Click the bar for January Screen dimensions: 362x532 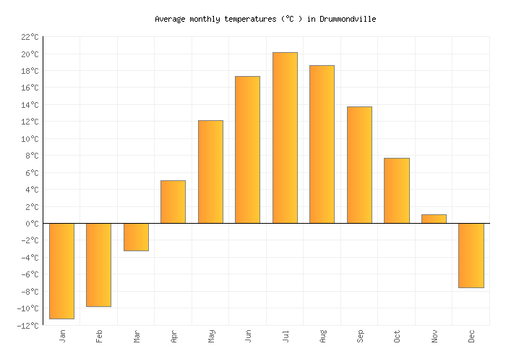tap(61, 271)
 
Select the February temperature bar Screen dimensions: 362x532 tap(98, 265)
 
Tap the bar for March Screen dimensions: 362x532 tap(136, 237)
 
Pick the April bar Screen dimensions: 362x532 tap(173, 201)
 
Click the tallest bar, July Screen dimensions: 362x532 tap(285, 138)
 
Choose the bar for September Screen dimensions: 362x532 tap(359, 165)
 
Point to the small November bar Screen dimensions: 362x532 tap(434, 219)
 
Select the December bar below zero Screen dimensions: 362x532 tap(471, 256)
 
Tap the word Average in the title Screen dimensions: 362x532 tap(172, 19)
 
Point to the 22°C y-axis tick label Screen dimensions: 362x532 tap(30, 37)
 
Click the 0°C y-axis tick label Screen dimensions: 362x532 tap(32, 224)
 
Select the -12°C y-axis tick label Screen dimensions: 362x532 tap(27, 326)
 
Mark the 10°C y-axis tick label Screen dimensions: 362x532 tap(30, 139)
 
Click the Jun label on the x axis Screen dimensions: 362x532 tap(248, 337)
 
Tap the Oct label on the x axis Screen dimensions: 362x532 tap(397, 337)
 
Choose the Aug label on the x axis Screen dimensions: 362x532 tap(322, 337)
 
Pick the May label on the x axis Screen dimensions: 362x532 tap(210, 337)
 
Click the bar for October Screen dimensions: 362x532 tap(397, 190)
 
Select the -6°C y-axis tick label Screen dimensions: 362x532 tap(30, 275)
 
